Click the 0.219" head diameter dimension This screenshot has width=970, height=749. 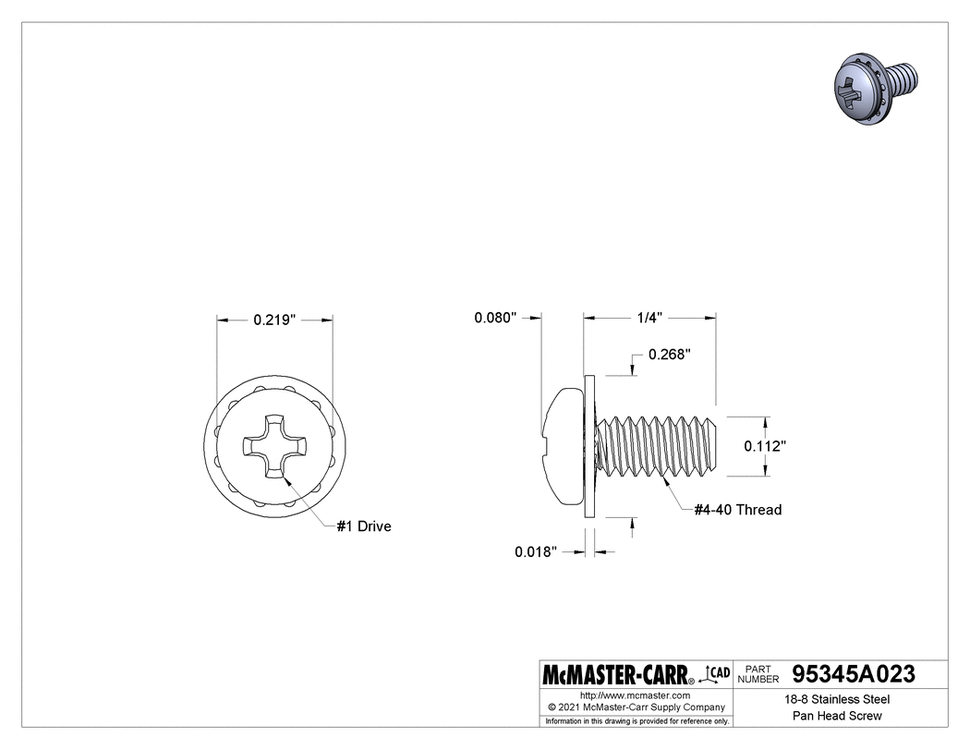(x=273, y=320)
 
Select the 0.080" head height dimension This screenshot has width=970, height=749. (x=494, y=318)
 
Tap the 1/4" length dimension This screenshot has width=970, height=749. (x=649, y=318)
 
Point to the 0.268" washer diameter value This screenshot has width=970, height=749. (x=669, y=355)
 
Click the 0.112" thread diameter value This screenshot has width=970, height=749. (x=765, y=446)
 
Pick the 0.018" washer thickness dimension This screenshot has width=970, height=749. (x=536, y=552)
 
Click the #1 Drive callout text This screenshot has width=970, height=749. (x=363, y=526)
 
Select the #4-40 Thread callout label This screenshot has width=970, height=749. (x=737, y=510)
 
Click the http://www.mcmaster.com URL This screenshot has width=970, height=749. (x=636, y=695)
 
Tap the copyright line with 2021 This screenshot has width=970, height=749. (x=637, y=707)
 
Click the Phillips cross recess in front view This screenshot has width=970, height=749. (x=274, y=447)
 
